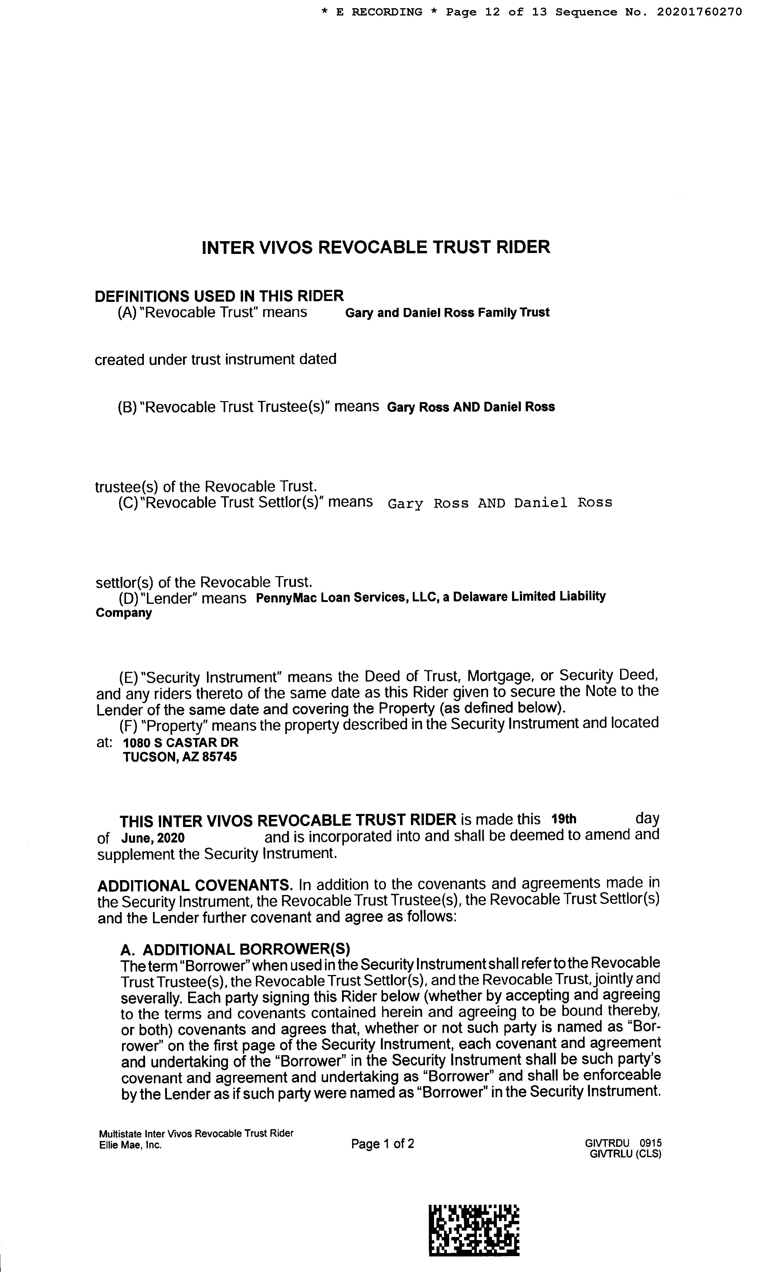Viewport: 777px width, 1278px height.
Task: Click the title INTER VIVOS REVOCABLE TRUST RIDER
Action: click(x=376, y=247)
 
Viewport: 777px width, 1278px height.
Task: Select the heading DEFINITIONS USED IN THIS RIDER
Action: click(x=219, y=296)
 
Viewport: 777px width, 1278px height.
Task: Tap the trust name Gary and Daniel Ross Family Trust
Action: click(x=447, y=313)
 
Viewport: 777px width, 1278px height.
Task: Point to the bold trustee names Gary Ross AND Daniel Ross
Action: click(x=471, y=407)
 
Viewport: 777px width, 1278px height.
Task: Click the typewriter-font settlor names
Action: click(x=500, y=503)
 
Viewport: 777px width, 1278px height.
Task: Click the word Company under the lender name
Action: click(x=124, y=613)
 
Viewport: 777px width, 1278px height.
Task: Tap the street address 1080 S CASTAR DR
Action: click(x=180, y=742)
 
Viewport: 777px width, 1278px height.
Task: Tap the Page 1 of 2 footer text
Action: click(x=382, y=1144)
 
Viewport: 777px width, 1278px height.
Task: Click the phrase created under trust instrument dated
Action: click(x=215, y=360)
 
